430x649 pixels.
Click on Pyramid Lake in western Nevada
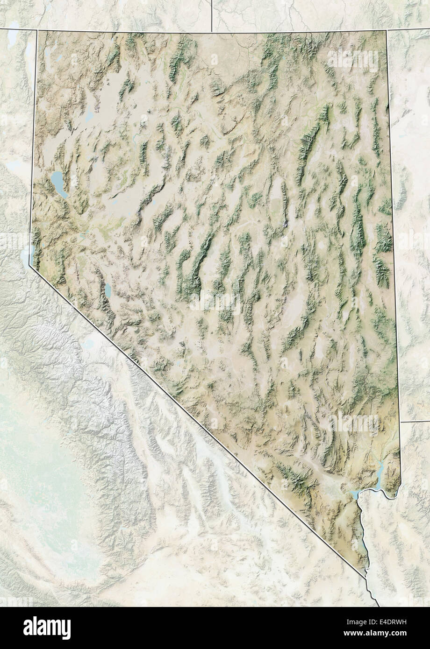[x=58, y=180]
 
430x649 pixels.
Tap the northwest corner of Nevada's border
[x=37, y=31]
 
